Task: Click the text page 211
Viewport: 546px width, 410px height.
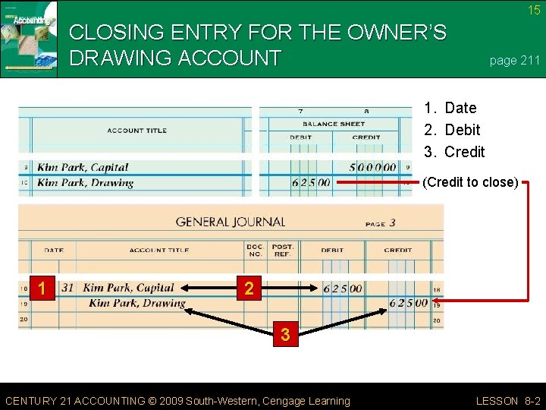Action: coord(514,61)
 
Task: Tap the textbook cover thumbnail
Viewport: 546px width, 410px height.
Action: coord(29,39)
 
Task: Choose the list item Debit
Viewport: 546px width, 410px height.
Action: coord(462,130)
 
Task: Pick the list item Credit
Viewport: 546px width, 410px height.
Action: coord(464,152)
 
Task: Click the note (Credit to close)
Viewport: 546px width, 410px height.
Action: coord(470,182)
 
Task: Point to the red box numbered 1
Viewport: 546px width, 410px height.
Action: coord(44,289)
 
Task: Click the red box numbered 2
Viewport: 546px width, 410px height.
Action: coord(248,289)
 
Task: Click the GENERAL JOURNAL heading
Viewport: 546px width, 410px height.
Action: coord(231,222)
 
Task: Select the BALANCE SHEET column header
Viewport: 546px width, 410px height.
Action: coord(334,124)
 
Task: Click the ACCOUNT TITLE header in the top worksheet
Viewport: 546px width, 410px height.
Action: coord(136,131)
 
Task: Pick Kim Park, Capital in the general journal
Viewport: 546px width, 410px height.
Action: coord(128,289)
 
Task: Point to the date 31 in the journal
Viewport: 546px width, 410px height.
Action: coord(67,289)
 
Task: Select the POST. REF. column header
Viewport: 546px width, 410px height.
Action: coord(283,251)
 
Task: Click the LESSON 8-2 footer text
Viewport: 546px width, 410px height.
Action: coord(507,401)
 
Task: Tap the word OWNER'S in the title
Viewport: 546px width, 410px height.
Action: coord(400,33)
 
